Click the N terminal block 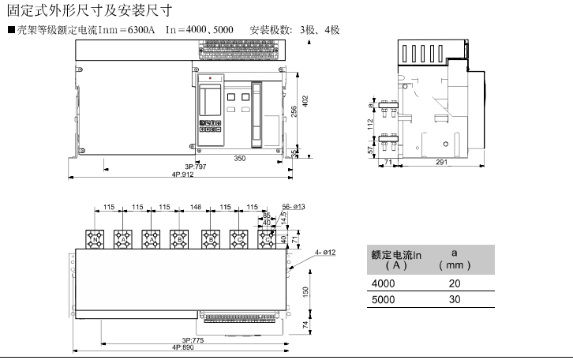click(x=95, y=238)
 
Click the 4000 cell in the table click(x=384, y=283)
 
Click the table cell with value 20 click(x=455, y=283)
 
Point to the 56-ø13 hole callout click(x=294, y=207)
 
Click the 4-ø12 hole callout click(x=326, y=252)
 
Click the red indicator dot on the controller click(x=212, y=78)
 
